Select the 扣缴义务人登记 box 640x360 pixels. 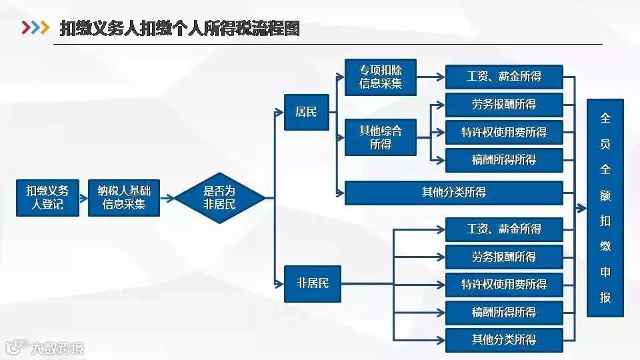48,197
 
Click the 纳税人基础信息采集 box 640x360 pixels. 125,197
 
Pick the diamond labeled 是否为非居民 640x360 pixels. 219,197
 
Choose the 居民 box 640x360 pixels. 305,111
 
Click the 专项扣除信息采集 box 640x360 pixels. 380,77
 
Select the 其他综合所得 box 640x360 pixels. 380,136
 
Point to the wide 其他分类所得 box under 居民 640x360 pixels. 453,193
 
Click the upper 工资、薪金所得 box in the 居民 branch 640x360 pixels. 503,77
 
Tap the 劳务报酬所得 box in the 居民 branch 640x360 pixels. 503,105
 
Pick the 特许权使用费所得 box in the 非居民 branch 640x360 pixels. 503,284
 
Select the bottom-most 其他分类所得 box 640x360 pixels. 503,339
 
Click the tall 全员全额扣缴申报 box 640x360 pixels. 605,207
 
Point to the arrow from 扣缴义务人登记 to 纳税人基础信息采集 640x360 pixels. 84,197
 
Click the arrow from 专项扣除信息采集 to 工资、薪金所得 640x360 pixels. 430,77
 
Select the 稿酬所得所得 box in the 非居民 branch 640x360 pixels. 503,312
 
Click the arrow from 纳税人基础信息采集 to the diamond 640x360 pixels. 169,197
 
